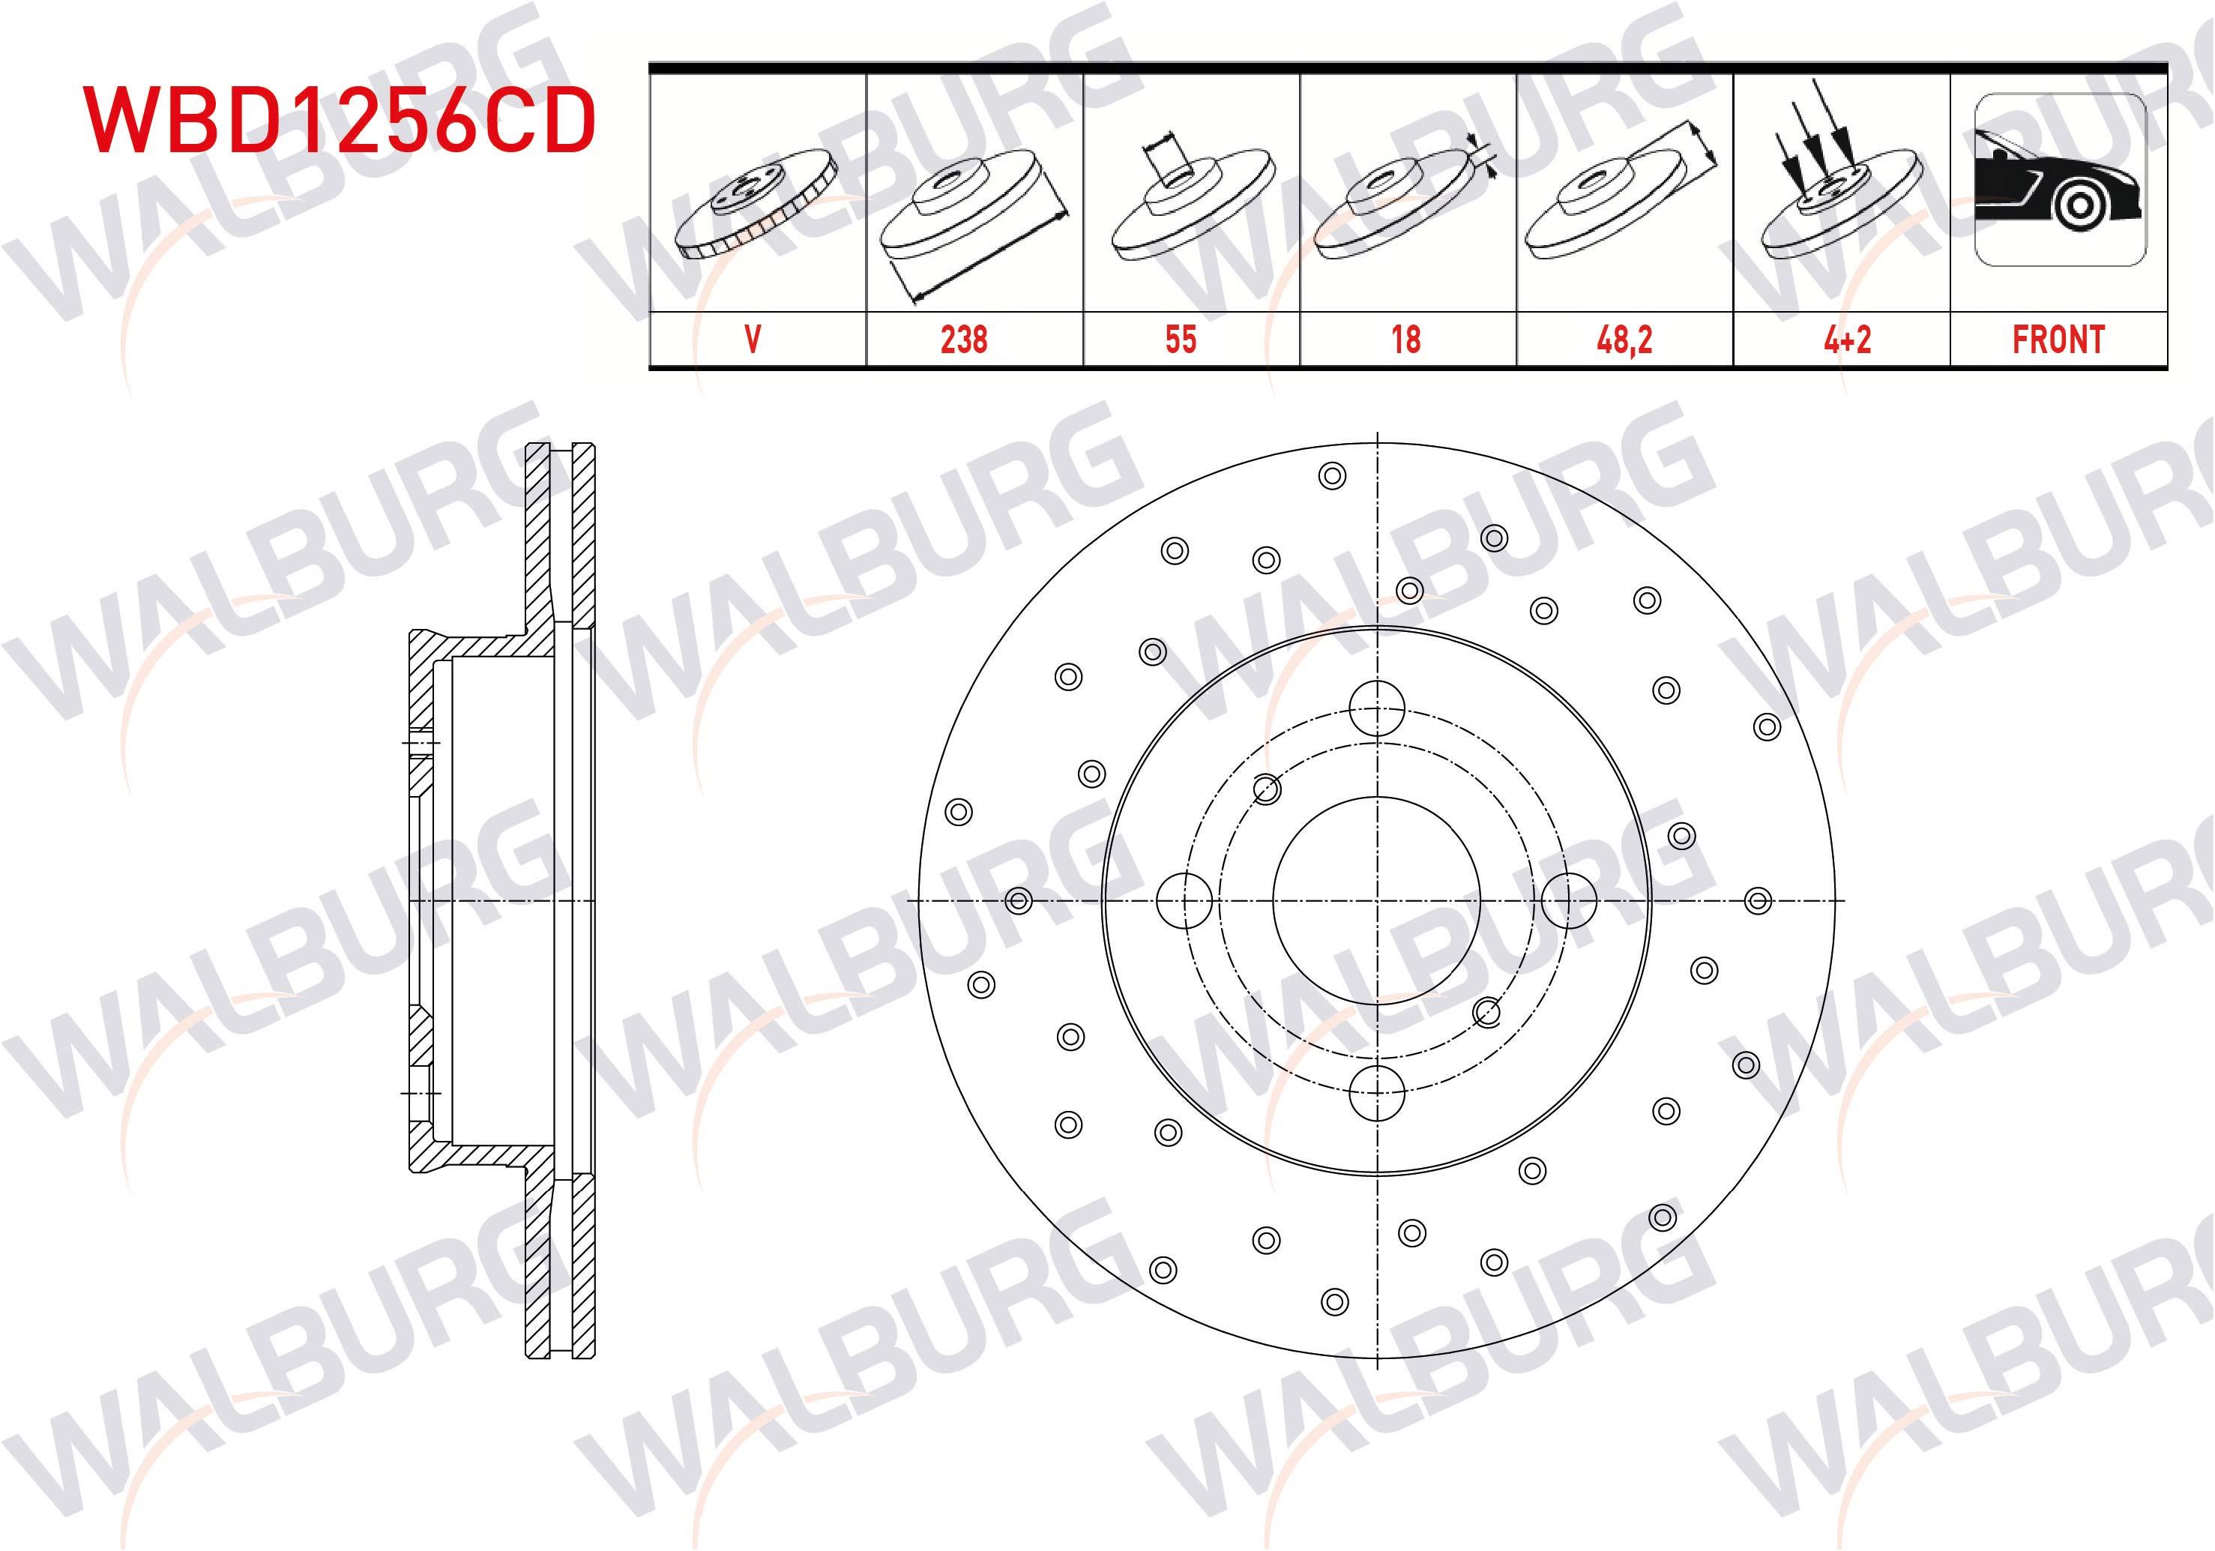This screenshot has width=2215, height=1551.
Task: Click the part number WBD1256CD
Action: tap(340, 121)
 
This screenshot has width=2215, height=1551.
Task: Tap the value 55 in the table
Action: tap(1180, 340)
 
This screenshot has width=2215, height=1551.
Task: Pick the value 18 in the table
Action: tap(1405, 340)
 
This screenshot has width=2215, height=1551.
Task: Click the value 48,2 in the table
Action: tap(1624, 340)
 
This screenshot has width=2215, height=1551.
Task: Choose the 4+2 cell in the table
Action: tap(1846, 340)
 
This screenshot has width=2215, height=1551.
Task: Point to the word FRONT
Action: tap(2058, 340)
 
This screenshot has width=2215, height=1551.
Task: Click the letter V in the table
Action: tap(753, 340)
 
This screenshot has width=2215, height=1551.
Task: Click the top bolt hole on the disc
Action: tap(1377, 707)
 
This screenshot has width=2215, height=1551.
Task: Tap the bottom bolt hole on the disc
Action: tap(1377, 1094)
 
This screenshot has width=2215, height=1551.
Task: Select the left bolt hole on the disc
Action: tap(1184, 900)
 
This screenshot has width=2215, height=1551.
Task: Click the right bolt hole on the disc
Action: tap(1569, 900)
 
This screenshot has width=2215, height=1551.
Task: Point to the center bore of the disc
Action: tap(1377, 900)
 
